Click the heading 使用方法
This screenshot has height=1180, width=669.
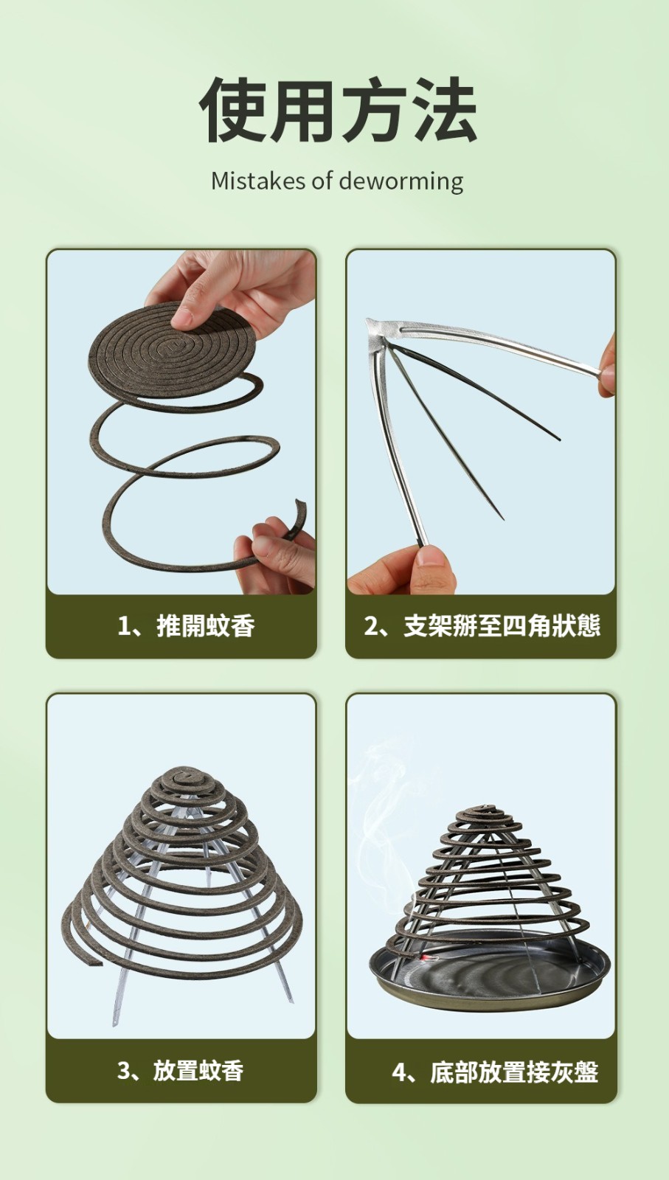[x=338, y=110]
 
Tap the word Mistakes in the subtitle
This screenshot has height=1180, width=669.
[x=258, y=181]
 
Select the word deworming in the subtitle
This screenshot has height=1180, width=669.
[x=401, y=181]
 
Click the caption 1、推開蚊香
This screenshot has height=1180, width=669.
[x=186, y=626]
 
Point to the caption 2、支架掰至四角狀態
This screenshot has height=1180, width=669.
[x=482, y=626]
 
